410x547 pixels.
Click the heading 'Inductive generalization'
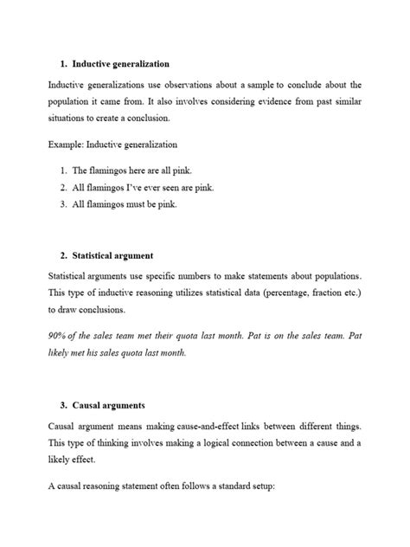pyautogui.click(x=121, y=64)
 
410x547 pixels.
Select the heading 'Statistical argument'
pyautogui.click(x=113, y=256)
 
